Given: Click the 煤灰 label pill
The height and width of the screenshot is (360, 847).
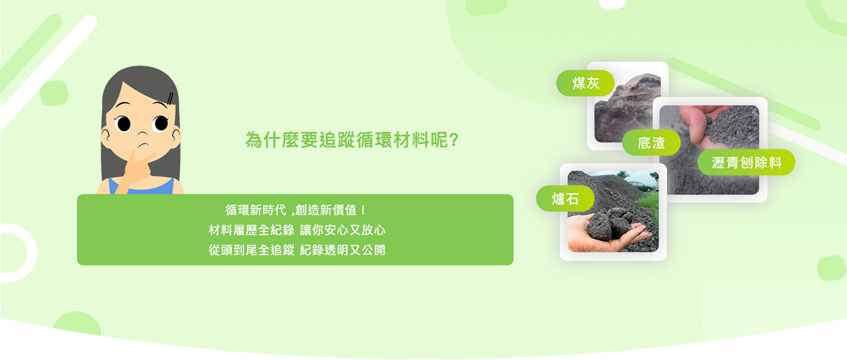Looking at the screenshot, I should [x=586, y=83].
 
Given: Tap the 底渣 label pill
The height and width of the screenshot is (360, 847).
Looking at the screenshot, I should [x=651, y=143].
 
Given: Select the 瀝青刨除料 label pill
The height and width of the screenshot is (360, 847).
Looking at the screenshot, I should [x=746, y=162].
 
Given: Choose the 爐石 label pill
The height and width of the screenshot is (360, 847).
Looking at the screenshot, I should [x=565, y=199].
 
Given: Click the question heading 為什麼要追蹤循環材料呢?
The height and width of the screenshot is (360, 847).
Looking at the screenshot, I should [x=351, y=140].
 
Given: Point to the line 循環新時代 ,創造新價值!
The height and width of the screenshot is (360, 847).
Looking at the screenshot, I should [x=295, y=210].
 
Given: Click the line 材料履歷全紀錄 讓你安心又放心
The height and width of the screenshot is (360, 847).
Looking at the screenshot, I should [x=295, y=230].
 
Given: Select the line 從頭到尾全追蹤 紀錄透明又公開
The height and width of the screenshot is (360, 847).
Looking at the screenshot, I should [x=295, y=250].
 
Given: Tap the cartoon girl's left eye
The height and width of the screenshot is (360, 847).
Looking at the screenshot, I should [x=124, y=124].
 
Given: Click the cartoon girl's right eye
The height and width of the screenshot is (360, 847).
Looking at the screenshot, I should [x=161, y=123].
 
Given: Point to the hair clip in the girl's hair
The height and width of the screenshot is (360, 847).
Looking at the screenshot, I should [x=171, y=97].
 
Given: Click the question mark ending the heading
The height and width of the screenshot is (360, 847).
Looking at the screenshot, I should [x=454, y=140].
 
